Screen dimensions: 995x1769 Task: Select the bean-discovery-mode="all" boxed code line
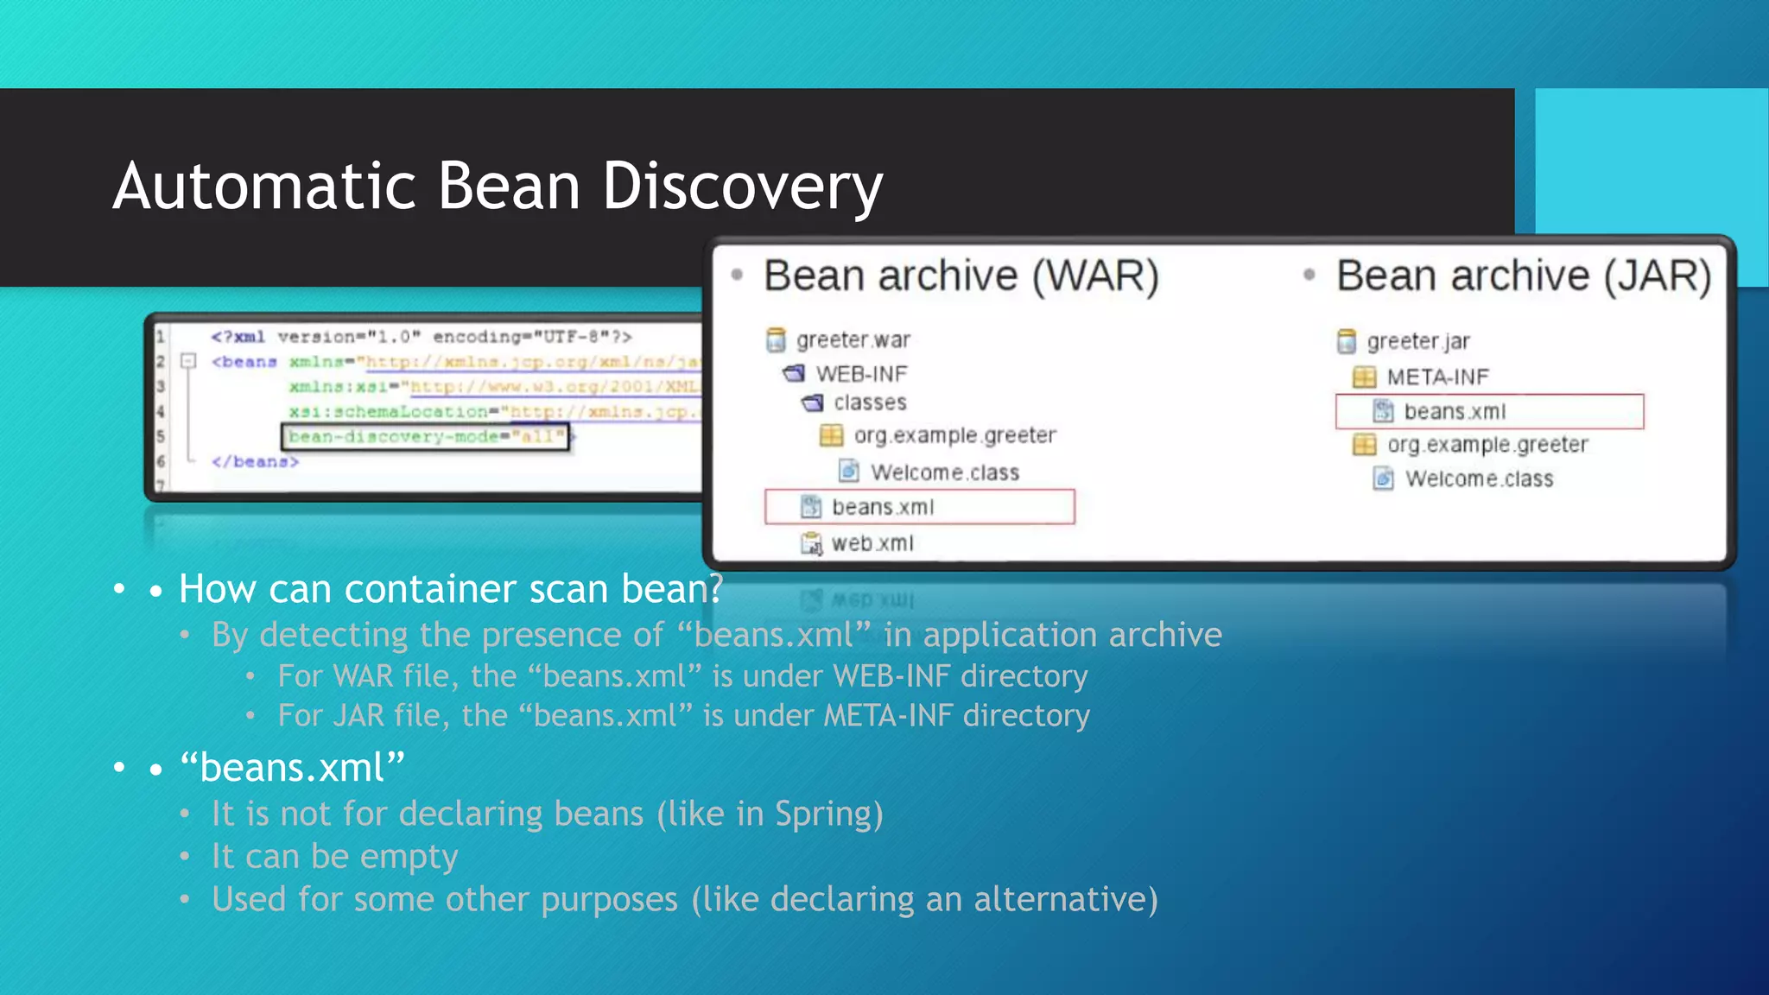[426, 436]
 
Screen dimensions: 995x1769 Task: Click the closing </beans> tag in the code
[255, 462]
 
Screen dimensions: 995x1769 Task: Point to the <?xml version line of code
[421, 337]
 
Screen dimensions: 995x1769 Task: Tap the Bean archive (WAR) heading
[961, 276]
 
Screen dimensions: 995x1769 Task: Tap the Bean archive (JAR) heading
[1523, 276]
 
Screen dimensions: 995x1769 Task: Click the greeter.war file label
[853, 340]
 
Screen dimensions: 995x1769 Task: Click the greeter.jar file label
[1417, 342]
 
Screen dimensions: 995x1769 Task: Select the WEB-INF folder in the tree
[861, 374]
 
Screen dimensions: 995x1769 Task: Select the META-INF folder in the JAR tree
[1437, 377]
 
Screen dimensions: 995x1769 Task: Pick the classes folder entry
[869, 402]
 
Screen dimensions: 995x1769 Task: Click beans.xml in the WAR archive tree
[882, 507]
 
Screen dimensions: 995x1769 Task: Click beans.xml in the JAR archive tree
[1455, 412]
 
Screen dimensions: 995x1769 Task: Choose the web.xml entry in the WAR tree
[872, 543]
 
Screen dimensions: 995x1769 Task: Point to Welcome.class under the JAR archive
[1478, 478]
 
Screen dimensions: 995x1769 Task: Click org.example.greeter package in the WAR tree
[954, 435]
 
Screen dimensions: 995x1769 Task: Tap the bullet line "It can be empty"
[334, 857]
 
